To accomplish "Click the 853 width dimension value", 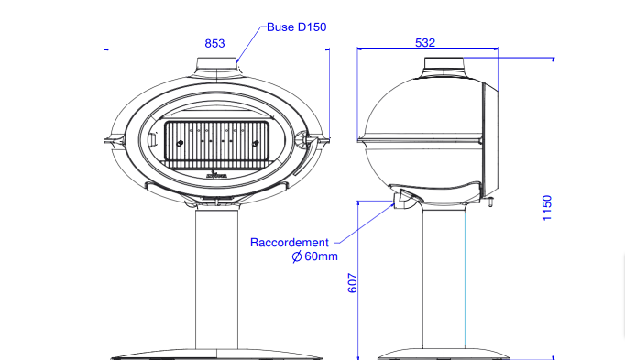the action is click(x=214, y=43).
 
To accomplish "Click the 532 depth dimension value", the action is click(x=425, y=43).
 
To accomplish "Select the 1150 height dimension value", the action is click(x=547, y=208).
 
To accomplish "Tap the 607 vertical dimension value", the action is click(x=352, y=283).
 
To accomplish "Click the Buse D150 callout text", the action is click(x=297, y=27).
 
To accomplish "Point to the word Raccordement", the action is click(x=290, y=243).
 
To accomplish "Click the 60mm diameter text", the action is click(x=321, y=256).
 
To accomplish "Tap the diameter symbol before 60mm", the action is click(x=297, y=256).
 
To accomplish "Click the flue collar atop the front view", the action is click(x=217, y=64).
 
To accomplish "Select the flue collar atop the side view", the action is click(x=444, y=63).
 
